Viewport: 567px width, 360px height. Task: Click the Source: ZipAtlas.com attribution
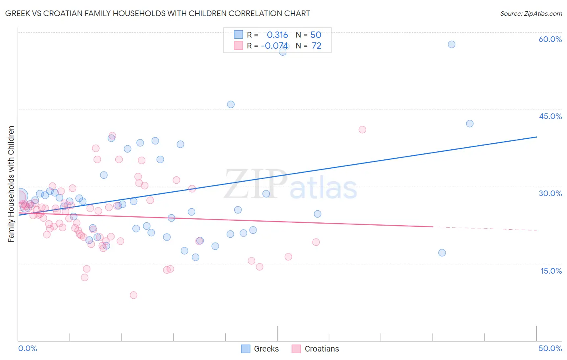531,13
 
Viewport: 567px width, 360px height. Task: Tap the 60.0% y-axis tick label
550,39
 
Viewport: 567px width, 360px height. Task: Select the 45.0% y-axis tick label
550,116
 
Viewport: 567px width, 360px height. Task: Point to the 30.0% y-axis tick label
550,193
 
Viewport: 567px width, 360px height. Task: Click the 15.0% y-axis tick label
551,271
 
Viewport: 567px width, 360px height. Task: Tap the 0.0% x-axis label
27,348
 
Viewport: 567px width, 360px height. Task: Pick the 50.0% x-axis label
550,348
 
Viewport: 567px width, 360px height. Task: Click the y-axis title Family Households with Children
11,184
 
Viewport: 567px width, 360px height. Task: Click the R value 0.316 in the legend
277,35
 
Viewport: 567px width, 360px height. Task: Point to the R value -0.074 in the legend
275,46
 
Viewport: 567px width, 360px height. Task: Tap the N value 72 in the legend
317,46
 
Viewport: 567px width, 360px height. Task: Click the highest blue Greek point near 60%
452,44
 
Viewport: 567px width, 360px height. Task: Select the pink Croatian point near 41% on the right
362,130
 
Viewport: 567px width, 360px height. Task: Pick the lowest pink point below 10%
133,295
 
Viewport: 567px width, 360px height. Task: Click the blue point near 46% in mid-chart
231,105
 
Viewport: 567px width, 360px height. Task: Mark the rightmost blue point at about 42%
469,123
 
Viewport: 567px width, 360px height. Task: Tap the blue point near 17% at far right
442,253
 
